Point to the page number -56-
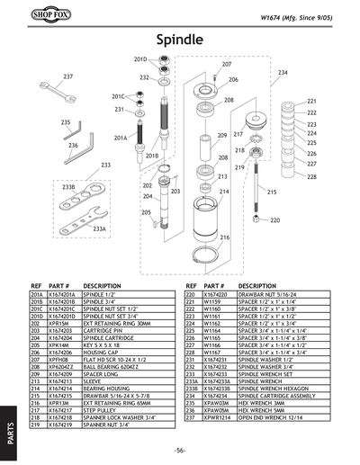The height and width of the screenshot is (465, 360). [x=180, y=449]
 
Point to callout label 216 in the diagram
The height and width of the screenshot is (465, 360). [x=224, y=237]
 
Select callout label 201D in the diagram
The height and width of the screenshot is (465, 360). [x=139, y=58]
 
